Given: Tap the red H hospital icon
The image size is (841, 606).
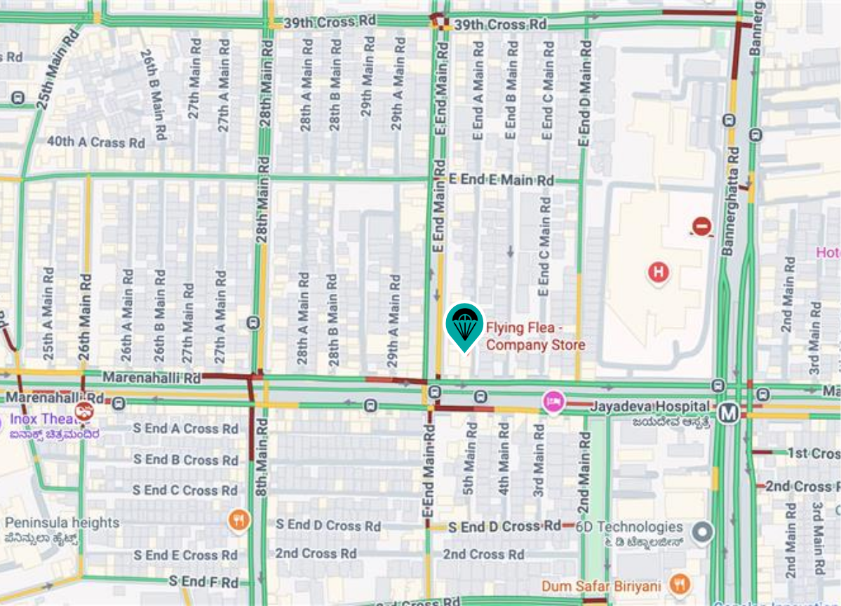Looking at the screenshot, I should click(x=658, y=271).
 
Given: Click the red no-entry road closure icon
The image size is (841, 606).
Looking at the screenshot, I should click(x=702, y=226).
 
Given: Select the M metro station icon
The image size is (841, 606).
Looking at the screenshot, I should click(x=729, y=413).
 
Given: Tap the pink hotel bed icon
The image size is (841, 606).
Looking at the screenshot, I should click(x=553, y=402).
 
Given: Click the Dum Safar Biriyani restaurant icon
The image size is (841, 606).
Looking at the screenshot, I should click(x=679, y=583).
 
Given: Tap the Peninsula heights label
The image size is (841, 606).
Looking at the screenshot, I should click(x=62, y=523).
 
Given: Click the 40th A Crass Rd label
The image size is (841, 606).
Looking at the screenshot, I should click(x=95, y=142).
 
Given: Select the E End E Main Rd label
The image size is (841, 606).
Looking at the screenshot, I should click(x=502, y=180).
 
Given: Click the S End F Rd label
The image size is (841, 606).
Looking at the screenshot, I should click(x=203, y=582).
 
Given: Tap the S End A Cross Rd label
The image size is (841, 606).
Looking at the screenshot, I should click(x=186, y=429).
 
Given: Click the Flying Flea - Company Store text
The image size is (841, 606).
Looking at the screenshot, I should click(x=535, y=336).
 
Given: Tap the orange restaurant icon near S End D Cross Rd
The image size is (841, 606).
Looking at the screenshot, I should click(x=239, y=520).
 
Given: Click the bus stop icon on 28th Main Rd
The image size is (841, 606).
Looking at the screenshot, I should click(x=253, y=323).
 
